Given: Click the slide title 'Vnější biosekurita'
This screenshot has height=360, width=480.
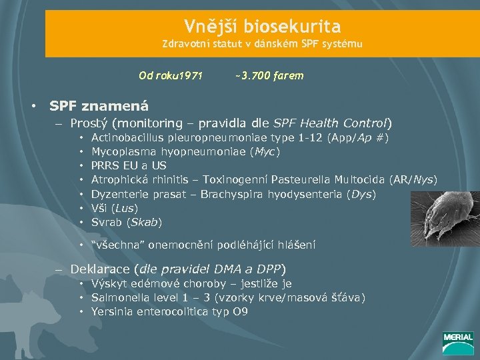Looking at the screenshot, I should click(x=262, y=27).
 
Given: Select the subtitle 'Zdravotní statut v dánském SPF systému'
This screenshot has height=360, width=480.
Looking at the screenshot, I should click(x=263, y=45).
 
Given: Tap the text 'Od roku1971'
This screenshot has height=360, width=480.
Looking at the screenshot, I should click(x=171, y=76).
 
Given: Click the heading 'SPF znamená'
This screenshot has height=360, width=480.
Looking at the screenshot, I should click(x=99, y=105).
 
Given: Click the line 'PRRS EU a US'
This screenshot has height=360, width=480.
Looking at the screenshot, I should click(x=129, y=165).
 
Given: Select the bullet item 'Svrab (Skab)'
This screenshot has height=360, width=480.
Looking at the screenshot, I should click(x=126, y=221).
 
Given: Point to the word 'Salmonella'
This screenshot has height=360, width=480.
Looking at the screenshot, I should click(x=118, y=297).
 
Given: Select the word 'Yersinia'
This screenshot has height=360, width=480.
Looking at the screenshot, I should click(x=112, y=311).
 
